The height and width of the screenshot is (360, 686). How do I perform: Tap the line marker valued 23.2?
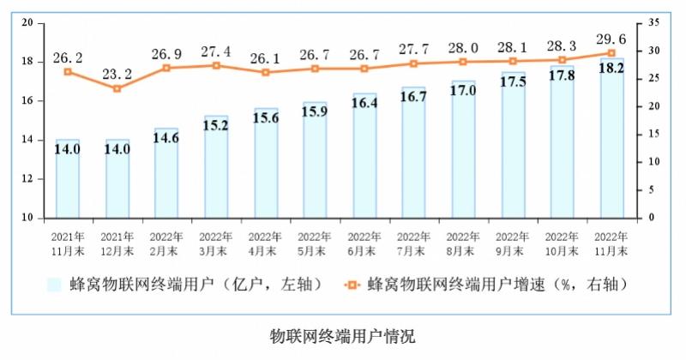point(117,88)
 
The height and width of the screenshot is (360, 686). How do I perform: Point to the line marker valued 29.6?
point(611,52)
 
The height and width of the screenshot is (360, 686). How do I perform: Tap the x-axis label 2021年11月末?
point(67,243)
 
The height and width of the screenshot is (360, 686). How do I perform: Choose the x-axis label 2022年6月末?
point(364,243)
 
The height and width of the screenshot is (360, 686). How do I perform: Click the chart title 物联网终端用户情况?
point(342,335)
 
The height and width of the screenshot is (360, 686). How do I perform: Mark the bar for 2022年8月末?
point(463,149)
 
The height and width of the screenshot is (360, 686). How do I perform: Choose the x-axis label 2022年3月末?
point(215,243)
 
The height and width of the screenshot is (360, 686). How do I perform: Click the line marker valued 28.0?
point(463,62)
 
